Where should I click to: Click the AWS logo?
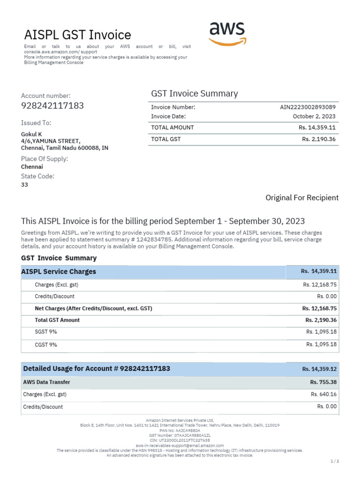[227, 33]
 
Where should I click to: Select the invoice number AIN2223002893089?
[307, 107]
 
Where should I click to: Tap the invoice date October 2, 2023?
[314, 116]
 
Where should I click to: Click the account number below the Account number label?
[52, 105]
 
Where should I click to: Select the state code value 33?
[24, 185]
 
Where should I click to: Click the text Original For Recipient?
[302, 198]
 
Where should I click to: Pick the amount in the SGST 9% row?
[321, 332]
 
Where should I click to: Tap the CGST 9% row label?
[46, 345]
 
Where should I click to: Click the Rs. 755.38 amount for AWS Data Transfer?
[323, 382]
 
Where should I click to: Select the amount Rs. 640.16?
[323, 394]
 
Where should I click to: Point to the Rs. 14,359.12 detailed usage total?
[319, 369]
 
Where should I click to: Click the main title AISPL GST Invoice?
[77, 35]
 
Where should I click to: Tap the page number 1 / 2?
[334, 461]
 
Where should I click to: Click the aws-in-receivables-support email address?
[180, 445]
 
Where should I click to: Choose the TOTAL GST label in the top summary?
[165, 139]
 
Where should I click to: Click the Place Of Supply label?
[45, 159]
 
